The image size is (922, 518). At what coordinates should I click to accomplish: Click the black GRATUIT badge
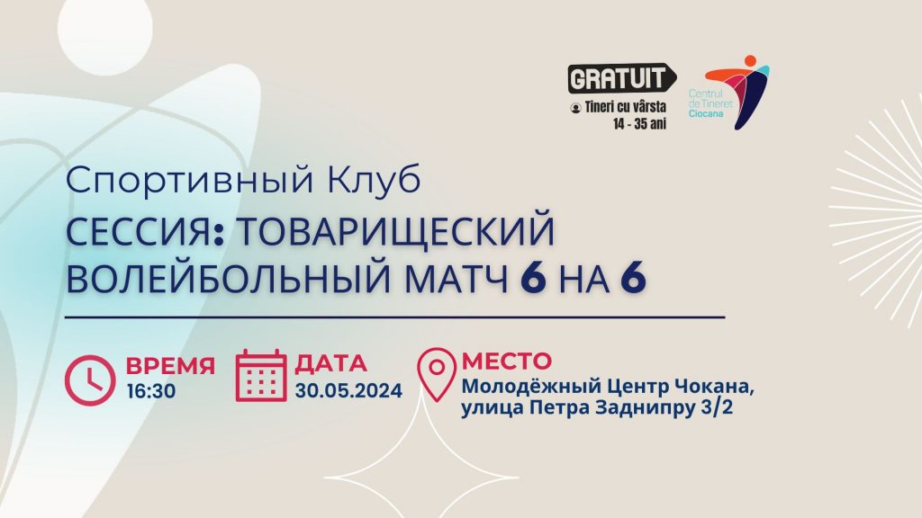(x=621, y=78)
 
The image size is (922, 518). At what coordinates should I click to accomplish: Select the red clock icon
(x=90, y=380)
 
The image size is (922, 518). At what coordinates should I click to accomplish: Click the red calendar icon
(x=261, y=375)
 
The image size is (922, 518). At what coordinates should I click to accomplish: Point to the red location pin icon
(x=437, y=375)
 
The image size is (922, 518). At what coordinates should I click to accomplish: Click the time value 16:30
(x=151, y=391)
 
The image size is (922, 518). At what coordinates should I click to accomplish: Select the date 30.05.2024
(x=348, y=390)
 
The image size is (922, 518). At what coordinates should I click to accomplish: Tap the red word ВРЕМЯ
(x=170, y=365)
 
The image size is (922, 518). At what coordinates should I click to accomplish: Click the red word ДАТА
(x=331, y=364)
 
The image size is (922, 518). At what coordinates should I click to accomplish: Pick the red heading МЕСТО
(x=507, y=361)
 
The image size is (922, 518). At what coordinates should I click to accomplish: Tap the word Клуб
(x=374, y=180)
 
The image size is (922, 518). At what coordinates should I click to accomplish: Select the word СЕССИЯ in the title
(x=138, y=232)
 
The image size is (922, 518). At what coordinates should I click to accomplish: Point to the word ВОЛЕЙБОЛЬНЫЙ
(x=229, y=278)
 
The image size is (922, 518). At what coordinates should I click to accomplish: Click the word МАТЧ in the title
(x=456, y=279)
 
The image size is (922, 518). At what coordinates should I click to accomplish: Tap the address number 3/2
(x=718, y=407)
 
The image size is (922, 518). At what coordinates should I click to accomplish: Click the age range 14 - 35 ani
(x=640, y=124)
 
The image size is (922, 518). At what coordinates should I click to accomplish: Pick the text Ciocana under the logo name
(x=706, y=114)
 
